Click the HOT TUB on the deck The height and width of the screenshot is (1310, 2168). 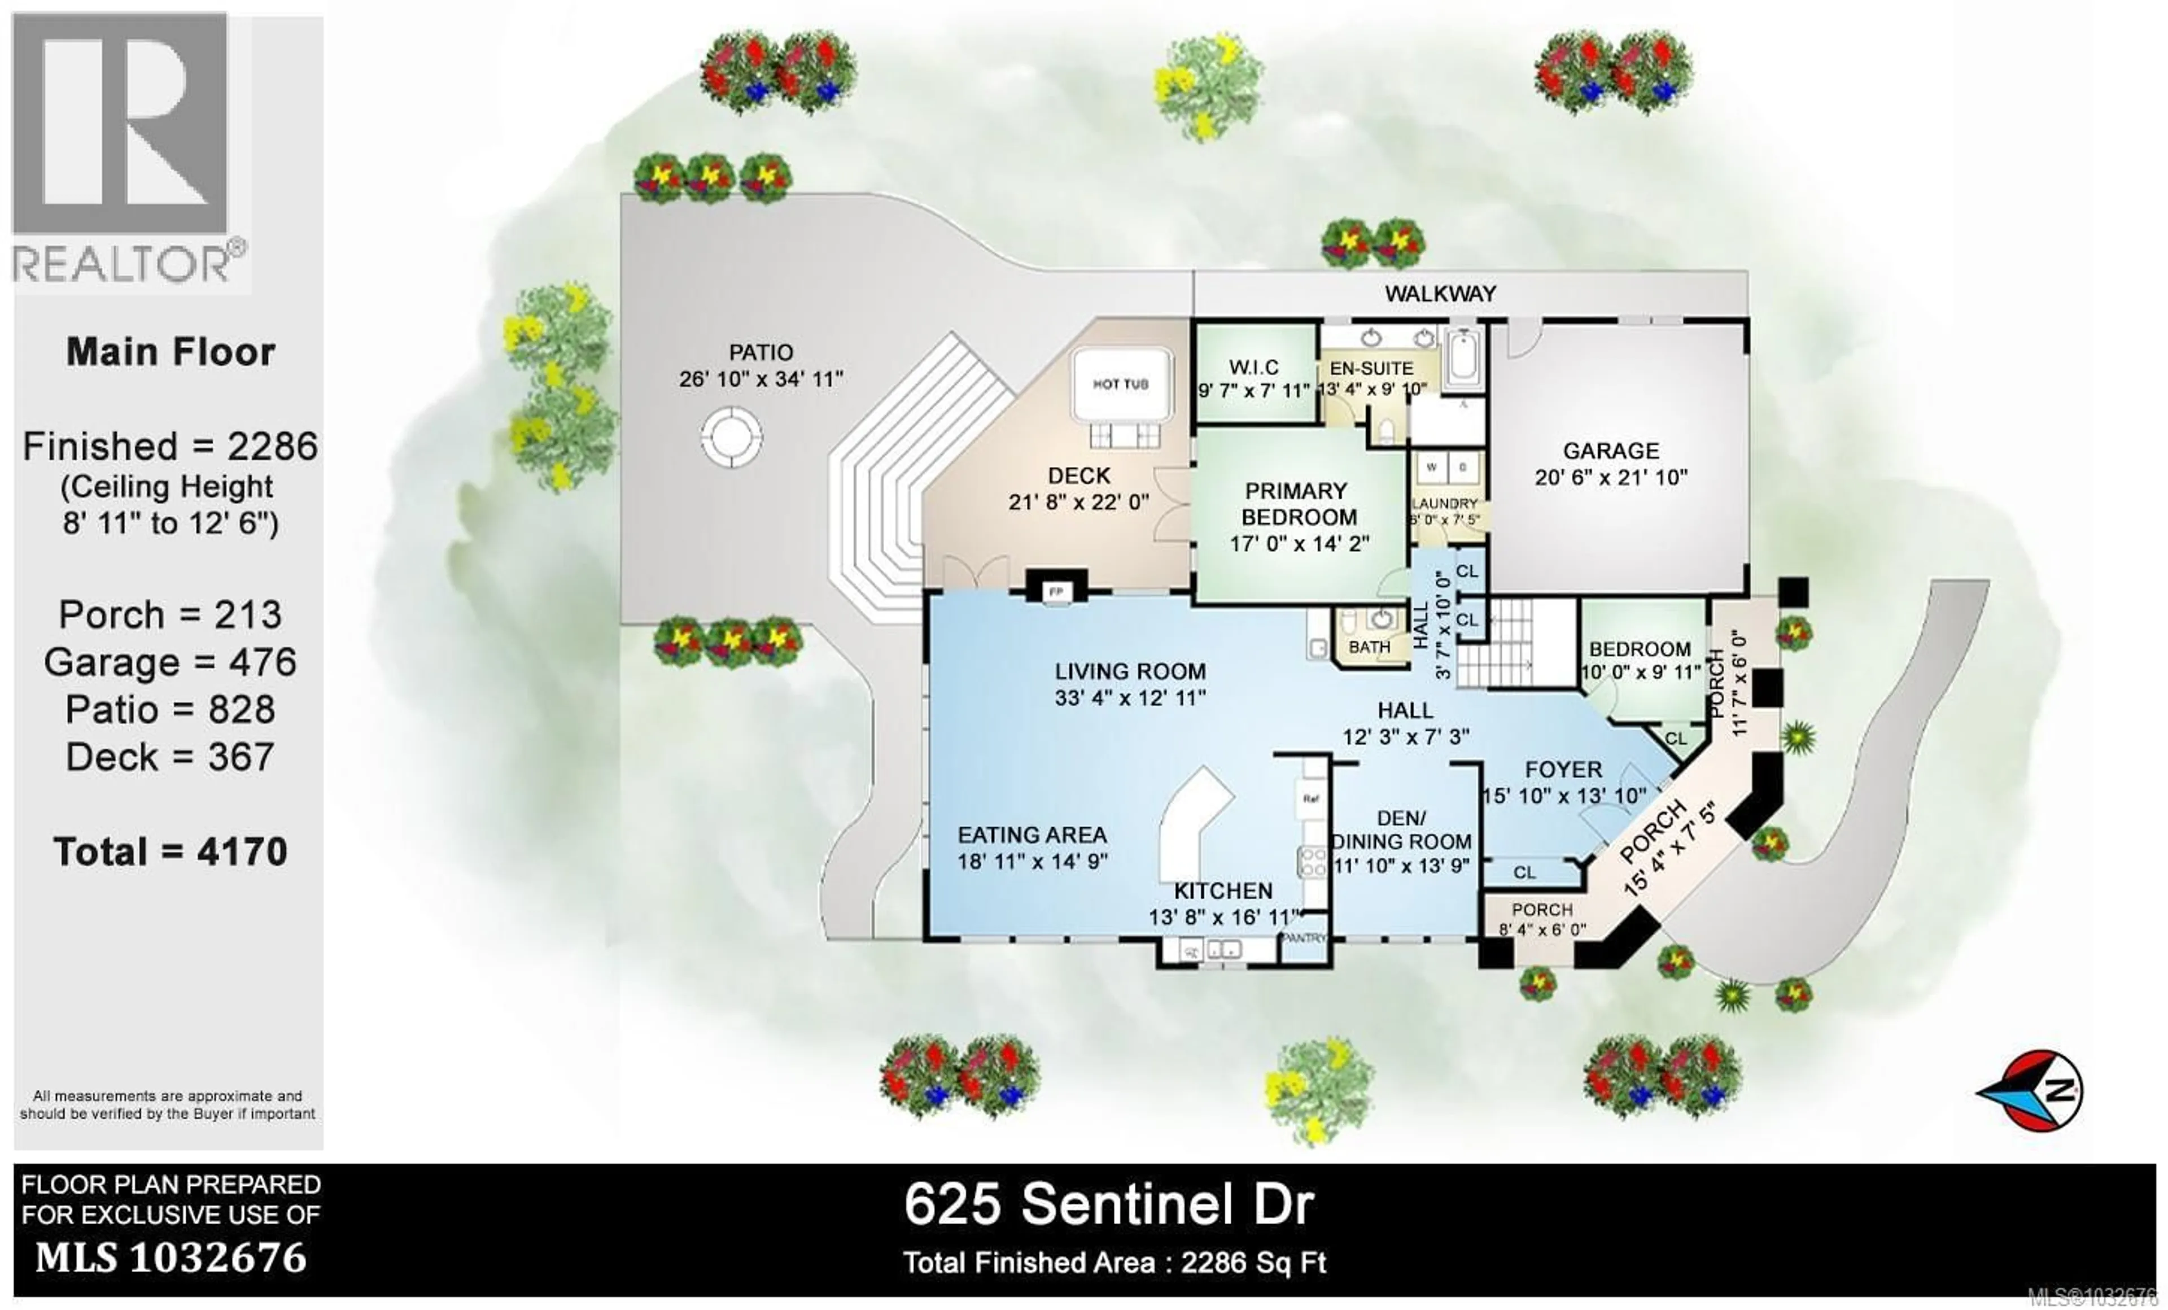click(x=1120, y=385)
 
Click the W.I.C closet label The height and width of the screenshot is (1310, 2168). click(x=1254, y=367)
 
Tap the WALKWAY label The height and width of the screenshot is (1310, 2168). click(x=1440, y=294)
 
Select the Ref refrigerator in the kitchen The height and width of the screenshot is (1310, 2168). click(x=1310, y=799)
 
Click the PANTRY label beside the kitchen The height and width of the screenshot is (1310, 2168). click(x=1303, y=938)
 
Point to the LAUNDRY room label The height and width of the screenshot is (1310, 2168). click(x=1445, y=503)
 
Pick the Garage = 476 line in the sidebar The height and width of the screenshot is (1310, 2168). click(x=170, y=662)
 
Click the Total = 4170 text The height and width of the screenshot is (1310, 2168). click(x=170, y=852)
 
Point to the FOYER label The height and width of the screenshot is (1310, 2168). click(x=1563, y=769)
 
